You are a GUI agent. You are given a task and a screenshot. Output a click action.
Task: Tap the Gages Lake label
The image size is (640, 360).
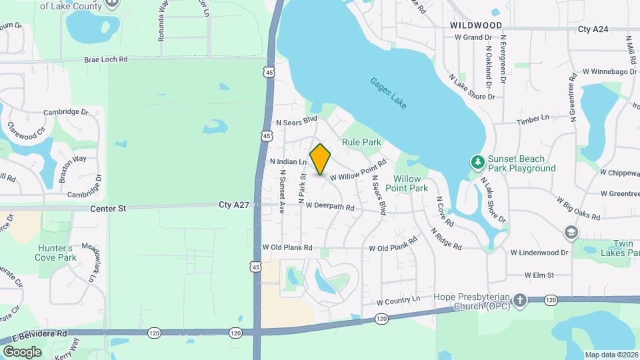coord(389,94)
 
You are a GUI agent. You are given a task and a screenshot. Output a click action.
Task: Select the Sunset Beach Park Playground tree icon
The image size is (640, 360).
coord(477,162)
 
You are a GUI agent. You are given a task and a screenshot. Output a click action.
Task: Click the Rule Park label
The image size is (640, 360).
coord(361,142)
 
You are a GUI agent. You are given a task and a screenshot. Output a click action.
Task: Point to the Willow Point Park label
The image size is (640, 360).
coord(411,183)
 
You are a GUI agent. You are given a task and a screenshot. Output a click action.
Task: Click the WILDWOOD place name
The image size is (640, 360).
coord(475,25)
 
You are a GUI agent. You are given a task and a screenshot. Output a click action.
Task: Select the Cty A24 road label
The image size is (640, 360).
coord(593,29)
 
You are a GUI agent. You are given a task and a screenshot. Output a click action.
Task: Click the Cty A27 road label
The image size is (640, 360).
coord(233,205)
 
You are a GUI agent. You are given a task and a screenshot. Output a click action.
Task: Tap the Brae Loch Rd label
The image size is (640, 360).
coord(105,59)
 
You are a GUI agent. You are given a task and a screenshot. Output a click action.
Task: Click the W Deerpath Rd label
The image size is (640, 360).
coord(330,207)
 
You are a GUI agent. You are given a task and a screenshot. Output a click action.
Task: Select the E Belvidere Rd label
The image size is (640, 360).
coord(43,333)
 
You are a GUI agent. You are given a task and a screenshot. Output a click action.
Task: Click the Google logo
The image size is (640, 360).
coord(22,351)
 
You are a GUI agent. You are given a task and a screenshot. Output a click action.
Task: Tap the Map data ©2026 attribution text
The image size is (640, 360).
coord(611,355)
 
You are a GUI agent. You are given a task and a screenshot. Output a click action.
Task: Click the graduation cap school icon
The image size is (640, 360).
coord(571,232)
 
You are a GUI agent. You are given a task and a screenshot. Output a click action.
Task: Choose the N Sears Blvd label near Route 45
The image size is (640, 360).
coord(297,121)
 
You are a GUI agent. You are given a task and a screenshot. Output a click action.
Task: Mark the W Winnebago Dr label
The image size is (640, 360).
coord(610,71)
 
